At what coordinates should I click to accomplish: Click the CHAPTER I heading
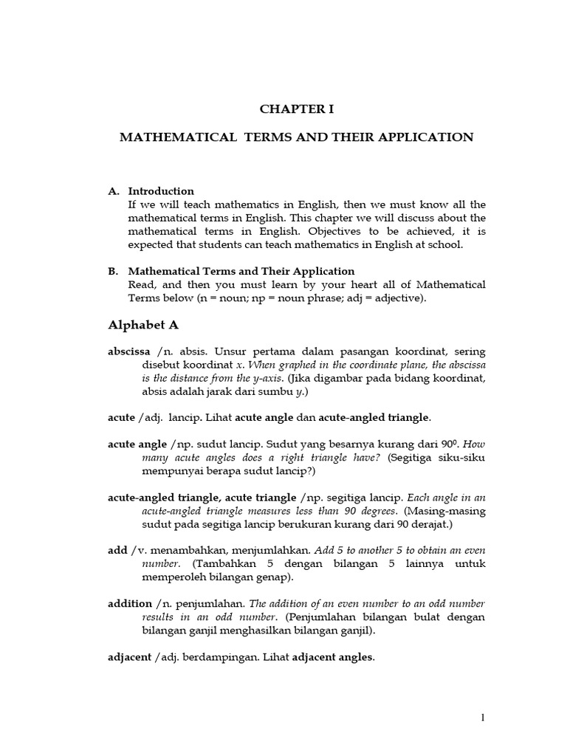[297, 109]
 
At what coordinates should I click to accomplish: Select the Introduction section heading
[161, 191]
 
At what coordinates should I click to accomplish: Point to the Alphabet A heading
[143, 325]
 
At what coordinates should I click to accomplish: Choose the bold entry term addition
[129, 604]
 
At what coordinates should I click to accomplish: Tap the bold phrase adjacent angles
[333, 657]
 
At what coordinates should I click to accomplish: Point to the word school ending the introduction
[445, 244]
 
